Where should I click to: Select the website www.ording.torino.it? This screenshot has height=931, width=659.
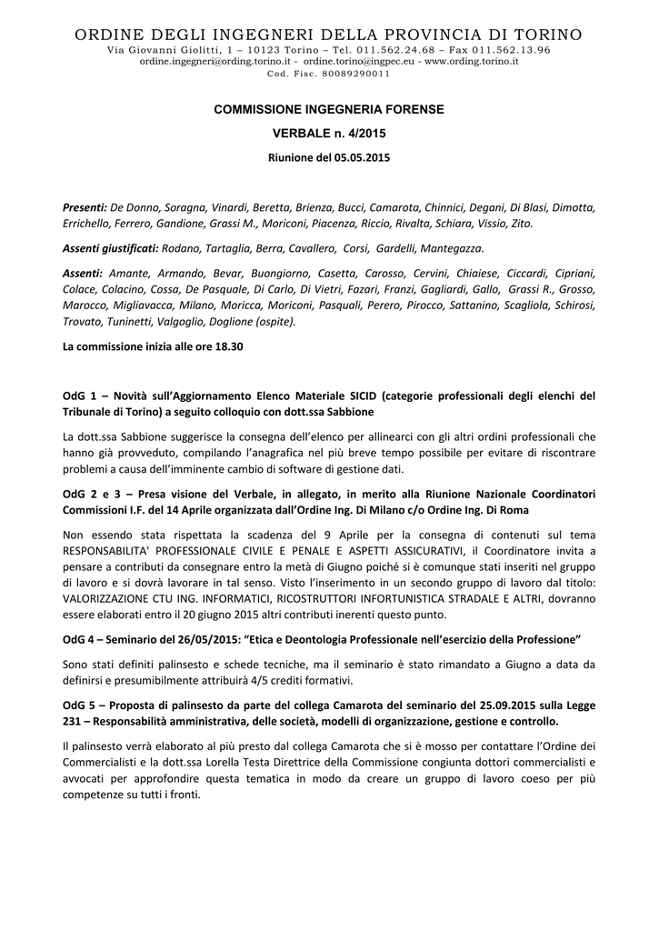click(x=472, y=61)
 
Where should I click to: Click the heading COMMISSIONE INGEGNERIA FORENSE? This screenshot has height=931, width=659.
click(x=328, y=109)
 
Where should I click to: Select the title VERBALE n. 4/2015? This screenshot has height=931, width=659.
click(x=328, y=134)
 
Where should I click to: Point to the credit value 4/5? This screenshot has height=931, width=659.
click(x=286, y=679)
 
